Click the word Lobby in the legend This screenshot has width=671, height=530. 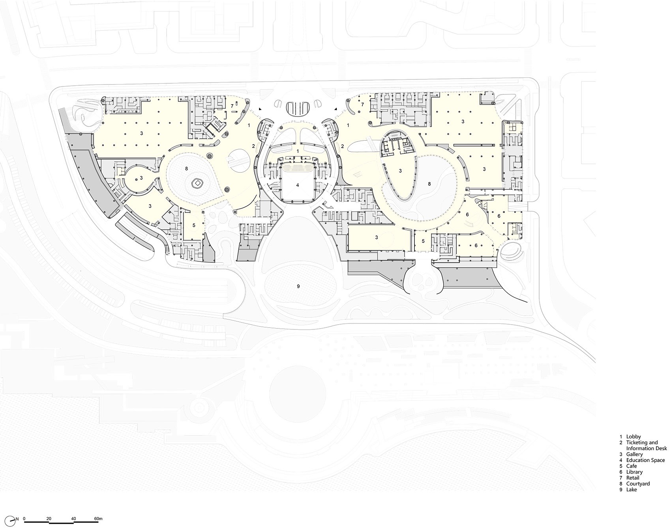click(634, 437)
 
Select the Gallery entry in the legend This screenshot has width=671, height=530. click(634, 455)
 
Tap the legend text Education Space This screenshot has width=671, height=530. click(645, 460)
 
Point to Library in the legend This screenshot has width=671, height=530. click(634, 472)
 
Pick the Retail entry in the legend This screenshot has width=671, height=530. click(634, 478)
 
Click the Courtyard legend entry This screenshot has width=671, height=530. click(638, 484)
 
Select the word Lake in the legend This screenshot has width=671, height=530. click(632, 490)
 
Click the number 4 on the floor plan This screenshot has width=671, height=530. click(298, 185)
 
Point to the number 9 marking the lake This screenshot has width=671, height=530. click(298, 286)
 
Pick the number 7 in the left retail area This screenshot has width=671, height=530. click(232, 106)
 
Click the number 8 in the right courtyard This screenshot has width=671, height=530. click(429, 184)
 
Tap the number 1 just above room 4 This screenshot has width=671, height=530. click(298, 151)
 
